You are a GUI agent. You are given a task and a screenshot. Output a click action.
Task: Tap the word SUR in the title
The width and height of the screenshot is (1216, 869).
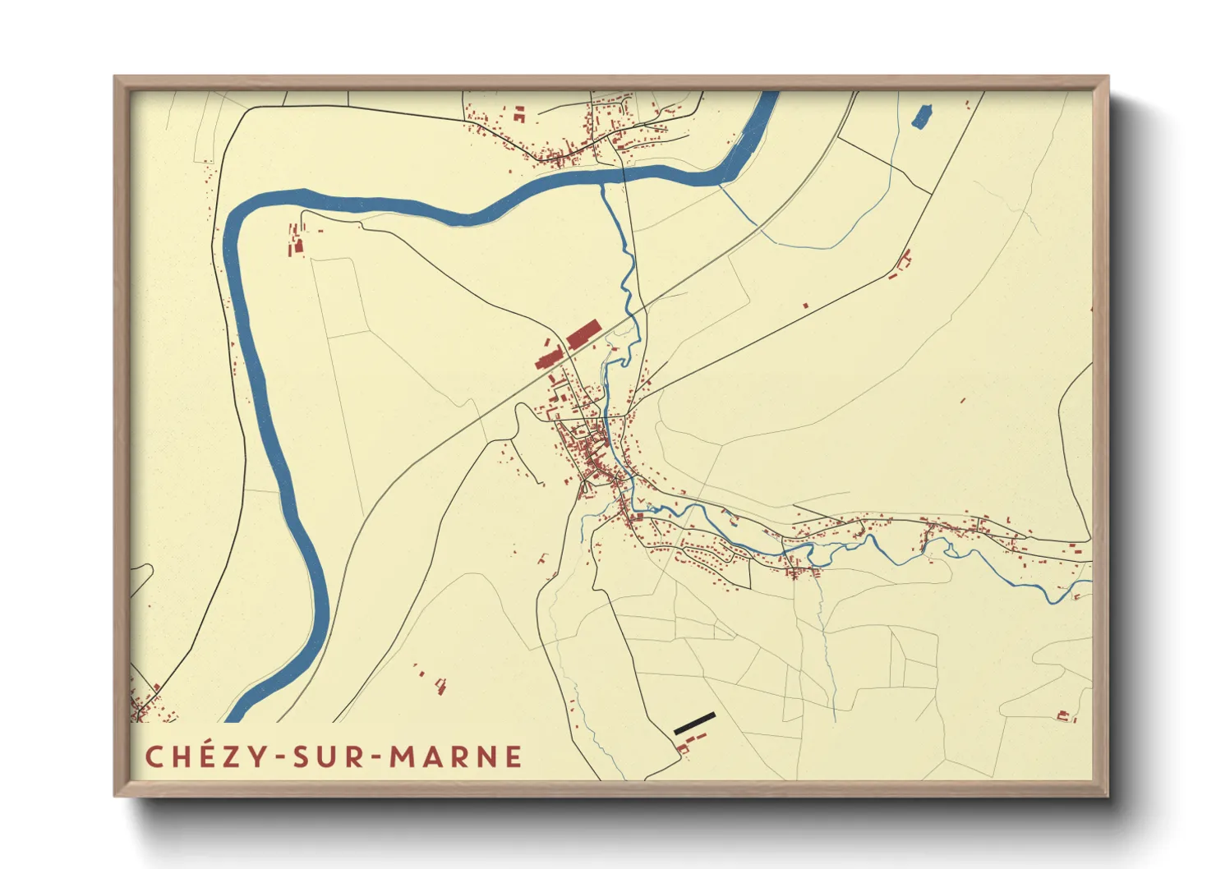coord(329,756)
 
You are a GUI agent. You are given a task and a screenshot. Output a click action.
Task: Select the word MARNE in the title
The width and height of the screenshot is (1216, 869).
coord(455,756)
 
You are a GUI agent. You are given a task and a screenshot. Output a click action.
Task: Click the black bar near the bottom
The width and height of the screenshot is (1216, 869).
coord(694,724)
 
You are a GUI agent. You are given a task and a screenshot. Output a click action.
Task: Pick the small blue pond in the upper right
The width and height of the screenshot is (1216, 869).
coord(922,116)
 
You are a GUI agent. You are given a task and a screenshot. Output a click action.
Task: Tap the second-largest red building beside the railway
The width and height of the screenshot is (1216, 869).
coord(547,360)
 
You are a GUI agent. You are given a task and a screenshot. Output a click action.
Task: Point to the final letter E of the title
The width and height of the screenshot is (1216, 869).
coord(513,756)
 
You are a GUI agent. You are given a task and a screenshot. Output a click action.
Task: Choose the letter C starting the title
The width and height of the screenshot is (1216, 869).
coord(154,756)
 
